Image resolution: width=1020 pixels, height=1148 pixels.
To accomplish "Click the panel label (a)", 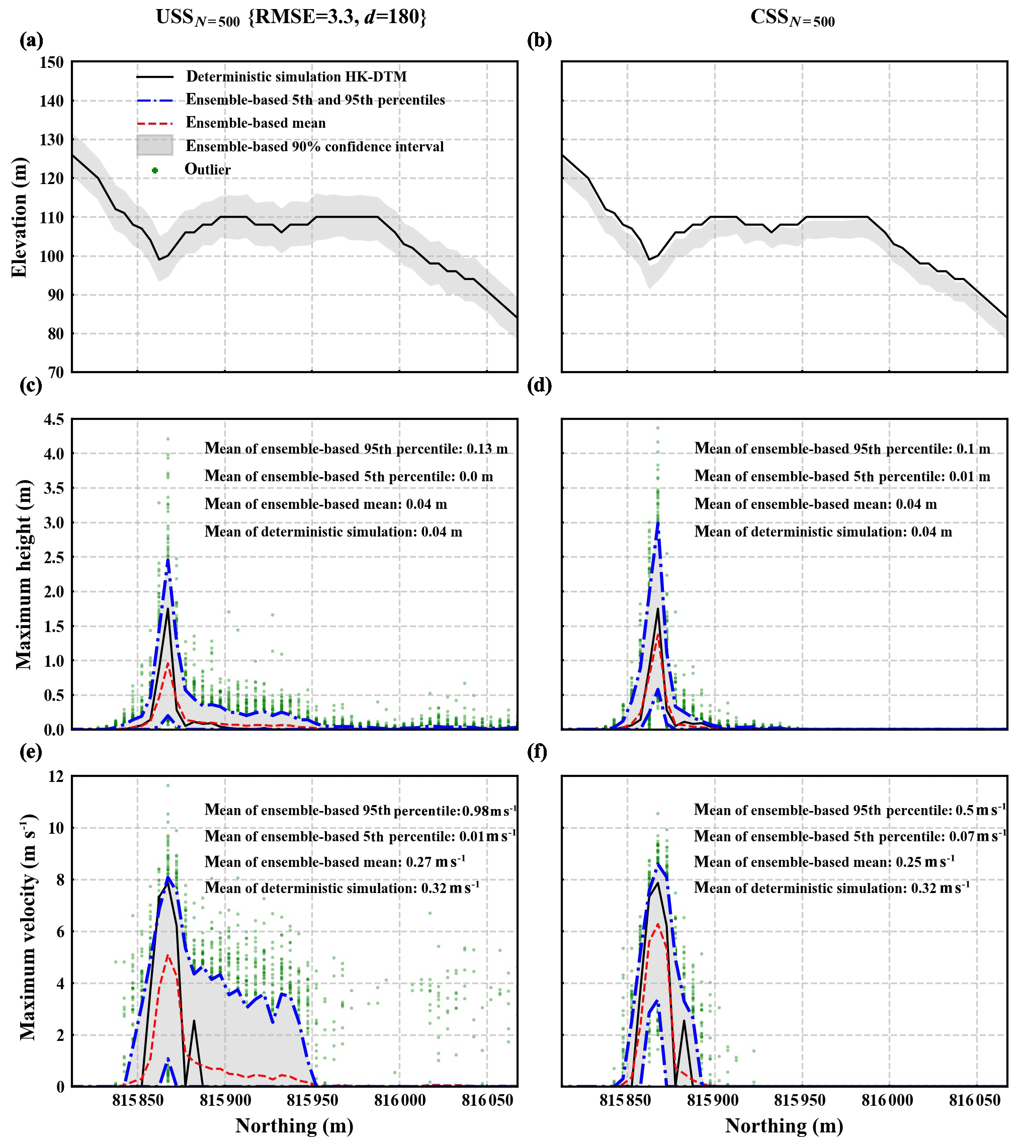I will click(31, 40).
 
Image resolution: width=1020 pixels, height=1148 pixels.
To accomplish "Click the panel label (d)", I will click(539, 385).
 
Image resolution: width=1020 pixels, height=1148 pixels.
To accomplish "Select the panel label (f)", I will click(538, 751).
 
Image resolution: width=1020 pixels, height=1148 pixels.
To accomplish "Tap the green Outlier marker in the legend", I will click(155, 170).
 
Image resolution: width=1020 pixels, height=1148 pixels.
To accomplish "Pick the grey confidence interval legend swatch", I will click(155, 145).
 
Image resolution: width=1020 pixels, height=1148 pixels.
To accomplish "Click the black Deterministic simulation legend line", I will click(155, 76).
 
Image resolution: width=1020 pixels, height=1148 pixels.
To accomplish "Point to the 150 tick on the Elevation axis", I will click(52, 62).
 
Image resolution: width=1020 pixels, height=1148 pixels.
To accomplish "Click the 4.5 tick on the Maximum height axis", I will click(54, 419).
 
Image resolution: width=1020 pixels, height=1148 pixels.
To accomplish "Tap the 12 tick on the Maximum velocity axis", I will click(56, 777).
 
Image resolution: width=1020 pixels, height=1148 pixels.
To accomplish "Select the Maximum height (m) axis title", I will click(24, 574).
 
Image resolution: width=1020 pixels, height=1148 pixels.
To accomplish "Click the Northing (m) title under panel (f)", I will click(784, 1125).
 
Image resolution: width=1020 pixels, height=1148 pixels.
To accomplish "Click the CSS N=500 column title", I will click(792, 18).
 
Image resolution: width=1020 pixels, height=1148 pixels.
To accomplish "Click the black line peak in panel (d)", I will click(657, 609).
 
